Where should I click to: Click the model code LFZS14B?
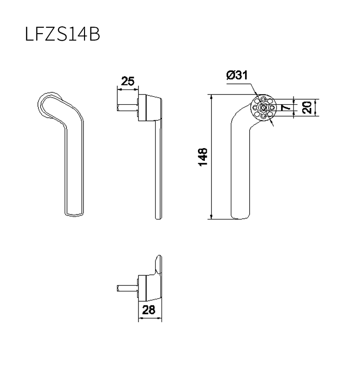point(62,34)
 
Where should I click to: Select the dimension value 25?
point(127,81)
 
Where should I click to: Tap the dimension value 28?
point(149,309)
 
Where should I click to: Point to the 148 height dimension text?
point(203,157)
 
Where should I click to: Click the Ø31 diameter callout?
point(237,75)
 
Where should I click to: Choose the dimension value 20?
point(307,107)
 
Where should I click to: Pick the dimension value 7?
point(286,108)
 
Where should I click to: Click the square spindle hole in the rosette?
point(264,108)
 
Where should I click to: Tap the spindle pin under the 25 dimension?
point(127,108)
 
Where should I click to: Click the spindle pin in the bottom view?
point(127,288)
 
